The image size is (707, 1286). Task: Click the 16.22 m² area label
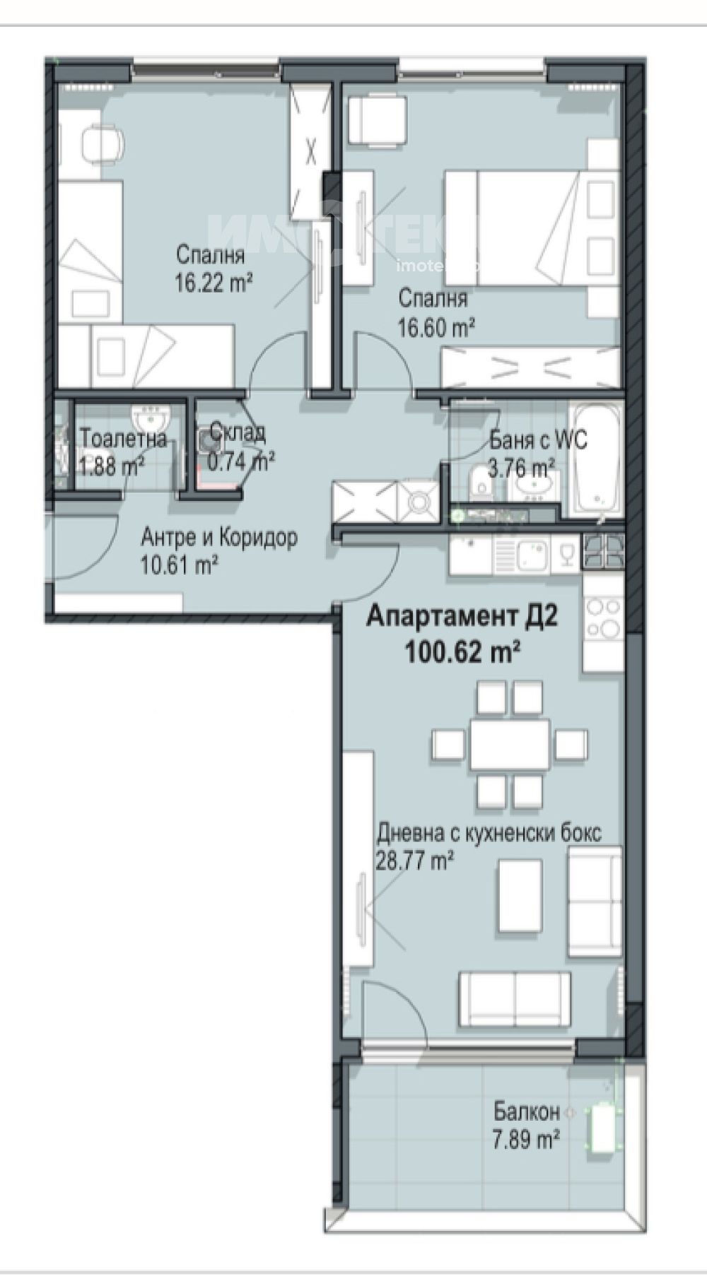coord(214,283)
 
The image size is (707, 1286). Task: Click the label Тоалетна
coord(124,439)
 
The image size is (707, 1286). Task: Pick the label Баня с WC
coord(538,440)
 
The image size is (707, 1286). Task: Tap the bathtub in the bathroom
coord(597,459)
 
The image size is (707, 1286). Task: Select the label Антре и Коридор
coord(219,538)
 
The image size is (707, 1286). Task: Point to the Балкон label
coord(527,1112)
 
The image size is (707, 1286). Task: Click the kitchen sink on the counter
coord(532,554)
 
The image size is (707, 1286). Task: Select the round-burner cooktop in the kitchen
coord(602,618)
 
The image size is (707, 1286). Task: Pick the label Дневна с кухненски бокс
coord(489,833)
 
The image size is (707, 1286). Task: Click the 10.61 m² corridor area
coord(179,565)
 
